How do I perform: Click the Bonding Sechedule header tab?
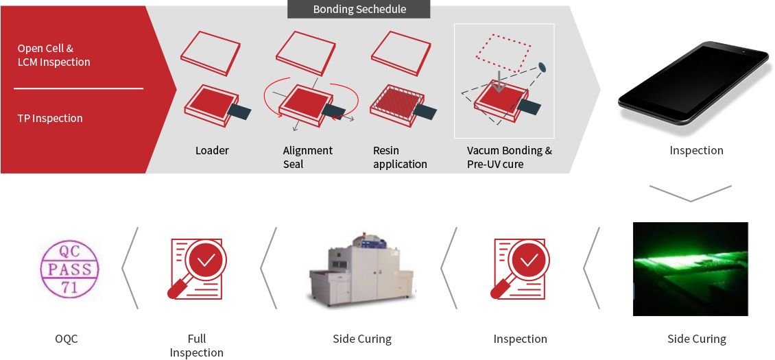[359, 9]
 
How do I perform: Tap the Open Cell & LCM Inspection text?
[53, 56]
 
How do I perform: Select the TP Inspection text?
[50, 119]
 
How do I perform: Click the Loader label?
[212, 150]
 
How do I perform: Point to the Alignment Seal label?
[307, 157]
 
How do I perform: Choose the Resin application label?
[400, 157]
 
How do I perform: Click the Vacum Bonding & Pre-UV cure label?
[509, 157]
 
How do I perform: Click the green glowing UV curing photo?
[690, 269]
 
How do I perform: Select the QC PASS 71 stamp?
[69, 269]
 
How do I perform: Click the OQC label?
[67, 339]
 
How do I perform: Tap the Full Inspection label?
[196, 346]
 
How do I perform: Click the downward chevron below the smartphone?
[690, 193]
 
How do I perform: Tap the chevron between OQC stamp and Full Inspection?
[130, 268]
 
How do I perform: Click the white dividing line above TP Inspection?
[78, 88]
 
